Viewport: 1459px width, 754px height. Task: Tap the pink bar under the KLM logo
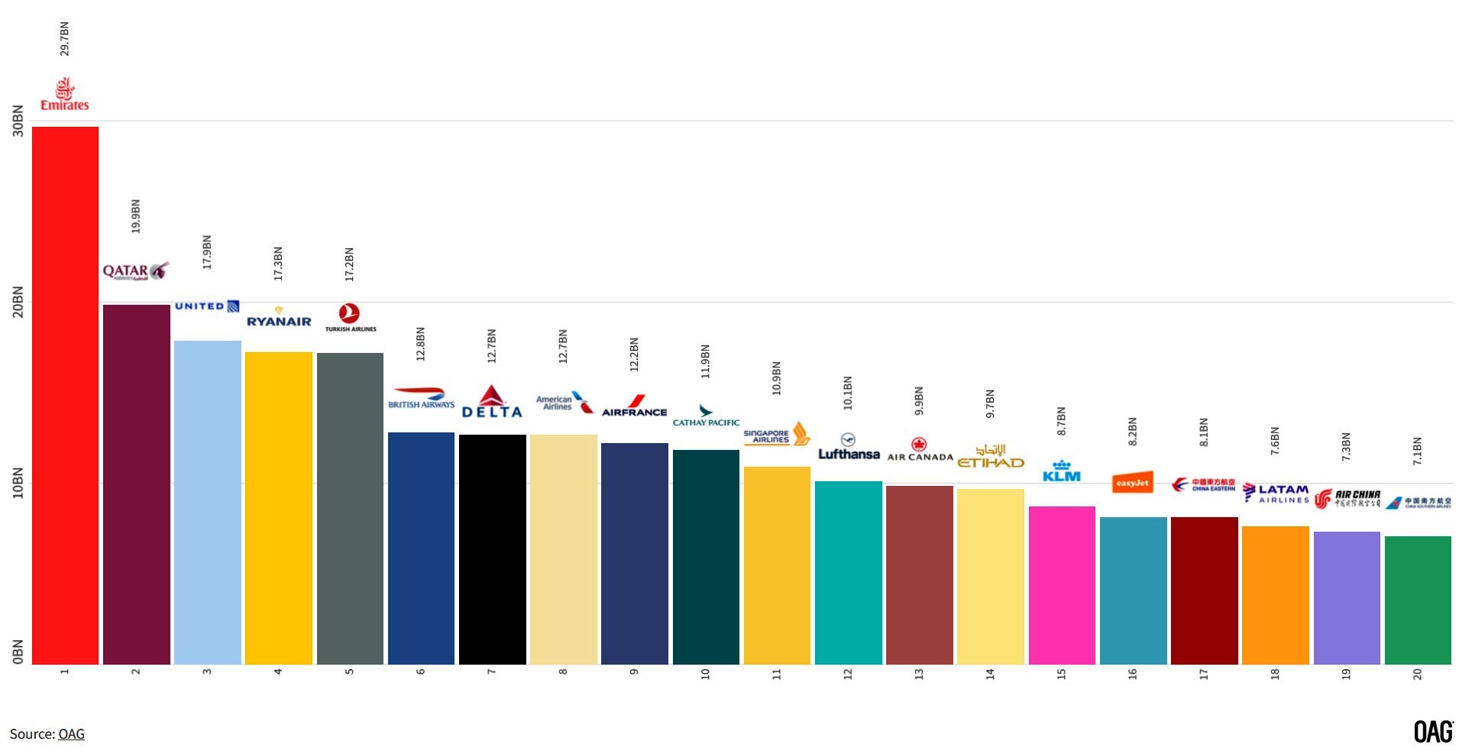coord(1062,584)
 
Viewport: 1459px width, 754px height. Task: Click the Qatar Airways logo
coord(135,271)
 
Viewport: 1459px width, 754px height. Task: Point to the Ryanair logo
coord(279,319)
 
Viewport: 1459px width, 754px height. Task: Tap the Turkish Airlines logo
coord(350,317)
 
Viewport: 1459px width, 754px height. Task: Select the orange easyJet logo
coord(1132,483)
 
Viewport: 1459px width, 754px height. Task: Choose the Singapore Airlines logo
coord(776,435)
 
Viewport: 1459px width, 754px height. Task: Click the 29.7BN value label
coord(65,38)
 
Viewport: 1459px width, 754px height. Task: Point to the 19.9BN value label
coord(136,216)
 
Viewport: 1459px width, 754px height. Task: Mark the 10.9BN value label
coord(776,378)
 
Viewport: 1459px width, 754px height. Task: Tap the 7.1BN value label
coord(1417,451)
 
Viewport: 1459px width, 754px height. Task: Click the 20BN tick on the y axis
coord(18,303)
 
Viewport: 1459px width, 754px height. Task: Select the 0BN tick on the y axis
coord(18,652)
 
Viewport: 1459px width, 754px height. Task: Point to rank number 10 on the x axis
coord(705,674)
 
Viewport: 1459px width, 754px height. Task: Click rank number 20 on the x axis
coord(1417,674)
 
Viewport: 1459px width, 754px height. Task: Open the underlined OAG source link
coord(71,734)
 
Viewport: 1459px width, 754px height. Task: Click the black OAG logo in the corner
coord(1432,731)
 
